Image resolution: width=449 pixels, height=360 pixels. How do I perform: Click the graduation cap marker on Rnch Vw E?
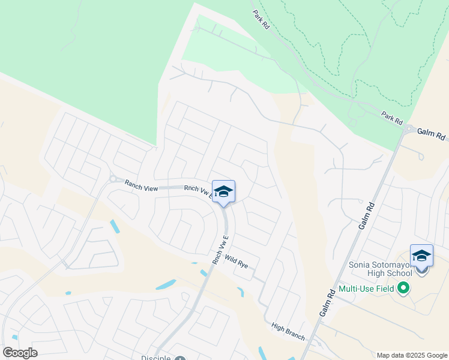tap(223, 192)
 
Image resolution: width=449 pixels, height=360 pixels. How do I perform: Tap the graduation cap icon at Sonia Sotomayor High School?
tap(421, 256)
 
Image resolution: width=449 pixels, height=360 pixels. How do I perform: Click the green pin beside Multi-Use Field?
tap(403, 289)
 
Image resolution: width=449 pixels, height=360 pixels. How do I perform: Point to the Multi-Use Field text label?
tap(366, 289)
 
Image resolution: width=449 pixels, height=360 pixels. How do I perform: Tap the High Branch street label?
tap(288, 331)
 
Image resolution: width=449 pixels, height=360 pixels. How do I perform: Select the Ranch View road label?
tap(141, 187)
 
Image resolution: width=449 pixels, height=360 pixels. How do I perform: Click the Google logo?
tap(19, 353)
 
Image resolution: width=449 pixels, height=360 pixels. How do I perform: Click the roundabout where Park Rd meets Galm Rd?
tap(409, 128)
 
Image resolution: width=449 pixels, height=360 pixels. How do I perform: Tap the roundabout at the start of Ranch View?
tap(112, 178)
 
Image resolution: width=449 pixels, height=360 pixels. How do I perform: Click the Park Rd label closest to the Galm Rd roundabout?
tap(392, 118)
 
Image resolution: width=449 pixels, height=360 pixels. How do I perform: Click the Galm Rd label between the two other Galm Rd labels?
tap(367, 215)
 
